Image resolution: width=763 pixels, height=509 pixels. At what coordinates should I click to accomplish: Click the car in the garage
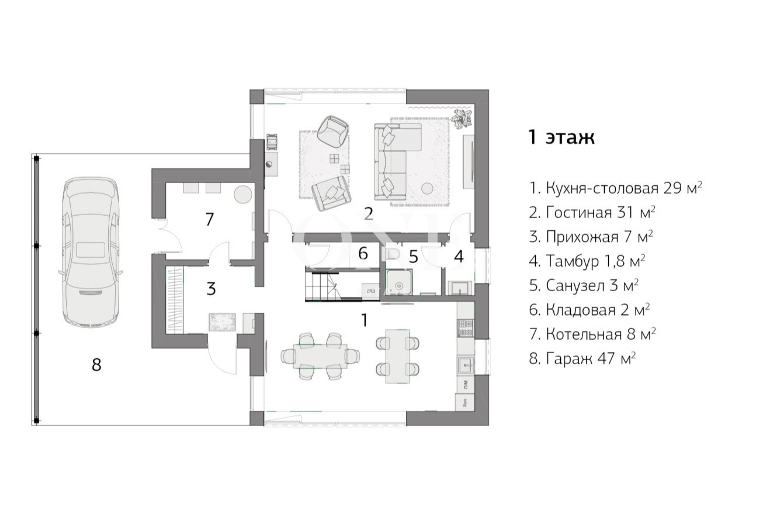click(91, 252)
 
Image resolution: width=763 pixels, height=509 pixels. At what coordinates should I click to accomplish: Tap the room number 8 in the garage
click(96, 365)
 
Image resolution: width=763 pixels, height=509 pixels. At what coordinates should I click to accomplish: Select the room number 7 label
click(209, 219)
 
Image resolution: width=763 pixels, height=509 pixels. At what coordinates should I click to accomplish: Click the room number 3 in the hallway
click(211, 289)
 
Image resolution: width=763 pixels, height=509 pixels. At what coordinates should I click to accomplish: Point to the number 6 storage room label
click(363, 254)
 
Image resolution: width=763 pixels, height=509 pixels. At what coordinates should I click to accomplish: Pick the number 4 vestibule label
click(459, 257)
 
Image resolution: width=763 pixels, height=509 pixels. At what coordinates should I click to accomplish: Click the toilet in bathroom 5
click(393, 254)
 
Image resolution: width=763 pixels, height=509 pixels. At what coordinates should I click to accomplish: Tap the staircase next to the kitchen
click(333, 285)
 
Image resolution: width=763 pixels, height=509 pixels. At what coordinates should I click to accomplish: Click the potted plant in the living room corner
click(462, 118)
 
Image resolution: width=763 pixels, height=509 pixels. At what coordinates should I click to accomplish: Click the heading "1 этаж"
click(561, 137)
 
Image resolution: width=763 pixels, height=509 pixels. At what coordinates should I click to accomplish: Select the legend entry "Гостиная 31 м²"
click(592, 213)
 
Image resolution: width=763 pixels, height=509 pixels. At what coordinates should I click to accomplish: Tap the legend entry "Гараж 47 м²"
click(582, 358)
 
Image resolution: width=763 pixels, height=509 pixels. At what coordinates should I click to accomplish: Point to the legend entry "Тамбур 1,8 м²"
click(587, 261)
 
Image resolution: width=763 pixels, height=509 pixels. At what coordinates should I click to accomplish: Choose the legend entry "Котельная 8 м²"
click(592, 334)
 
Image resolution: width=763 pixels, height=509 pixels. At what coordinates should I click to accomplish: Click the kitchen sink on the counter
click(465, 366)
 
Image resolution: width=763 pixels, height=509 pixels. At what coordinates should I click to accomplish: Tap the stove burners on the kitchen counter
click(465, 328)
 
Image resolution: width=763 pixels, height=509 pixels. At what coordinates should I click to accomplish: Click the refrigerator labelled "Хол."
click(465, 402)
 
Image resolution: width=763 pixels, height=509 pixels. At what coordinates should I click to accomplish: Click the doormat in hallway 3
click(223, 322)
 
